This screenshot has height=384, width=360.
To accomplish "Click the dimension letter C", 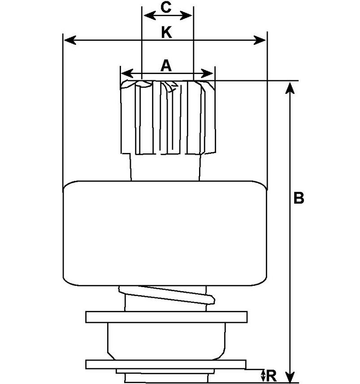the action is [166, 8].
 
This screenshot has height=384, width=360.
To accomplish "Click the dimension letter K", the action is [167, 33].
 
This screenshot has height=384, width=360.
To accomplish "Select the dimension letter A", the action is [166, 65].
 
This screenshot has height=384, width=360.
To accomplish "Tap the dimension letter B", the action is [299, 198].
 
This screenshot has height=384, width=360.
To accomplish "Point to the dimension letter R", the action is [271, 376].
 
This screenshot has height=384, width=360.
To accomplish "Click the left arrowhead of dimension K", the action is [69, 40].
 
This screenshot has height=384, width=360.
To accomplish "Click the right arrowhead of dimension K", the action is [260, 40].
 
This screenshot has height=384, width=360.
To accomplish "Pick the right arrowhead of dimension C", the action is [186, 15].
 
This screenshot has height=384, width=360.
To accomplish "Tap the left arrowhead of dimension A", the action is [127, 73].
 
